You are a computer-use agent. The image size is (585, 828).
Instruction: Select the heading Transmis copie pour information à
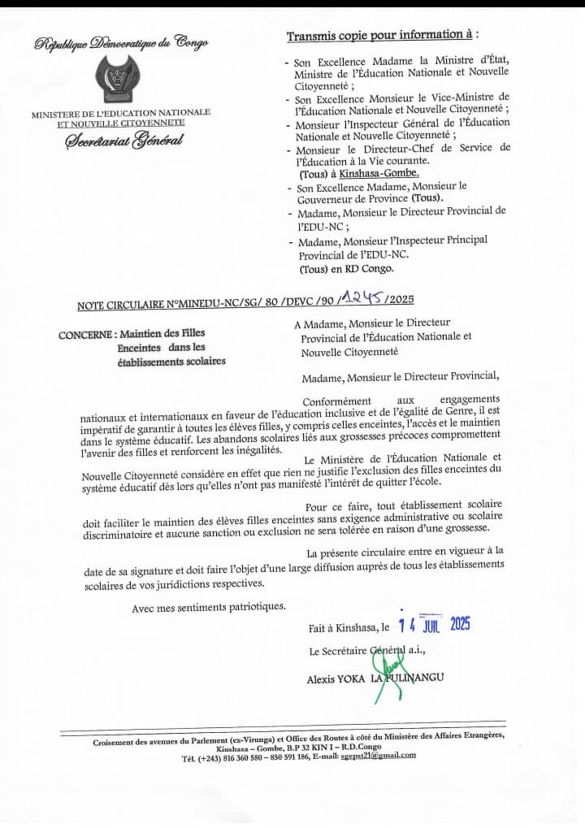[382, 36]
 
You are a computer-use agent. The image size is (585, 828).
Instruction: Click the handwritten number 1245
[362, 301]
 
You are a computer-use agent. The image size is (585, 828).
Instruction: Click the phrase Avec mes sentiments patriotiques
[209, 606]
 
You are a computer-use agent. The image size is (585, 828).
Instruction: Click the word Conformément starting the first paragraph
[336, 401]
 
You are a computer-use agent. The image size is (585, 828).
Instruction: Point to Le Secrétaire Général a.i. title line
[367, 652]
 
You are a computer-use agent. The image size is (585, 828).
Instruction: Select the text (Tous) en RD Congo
[346, 269]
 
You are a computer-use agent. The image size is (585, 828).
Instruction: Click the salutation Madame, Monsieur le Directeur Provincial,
[401, 378]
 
